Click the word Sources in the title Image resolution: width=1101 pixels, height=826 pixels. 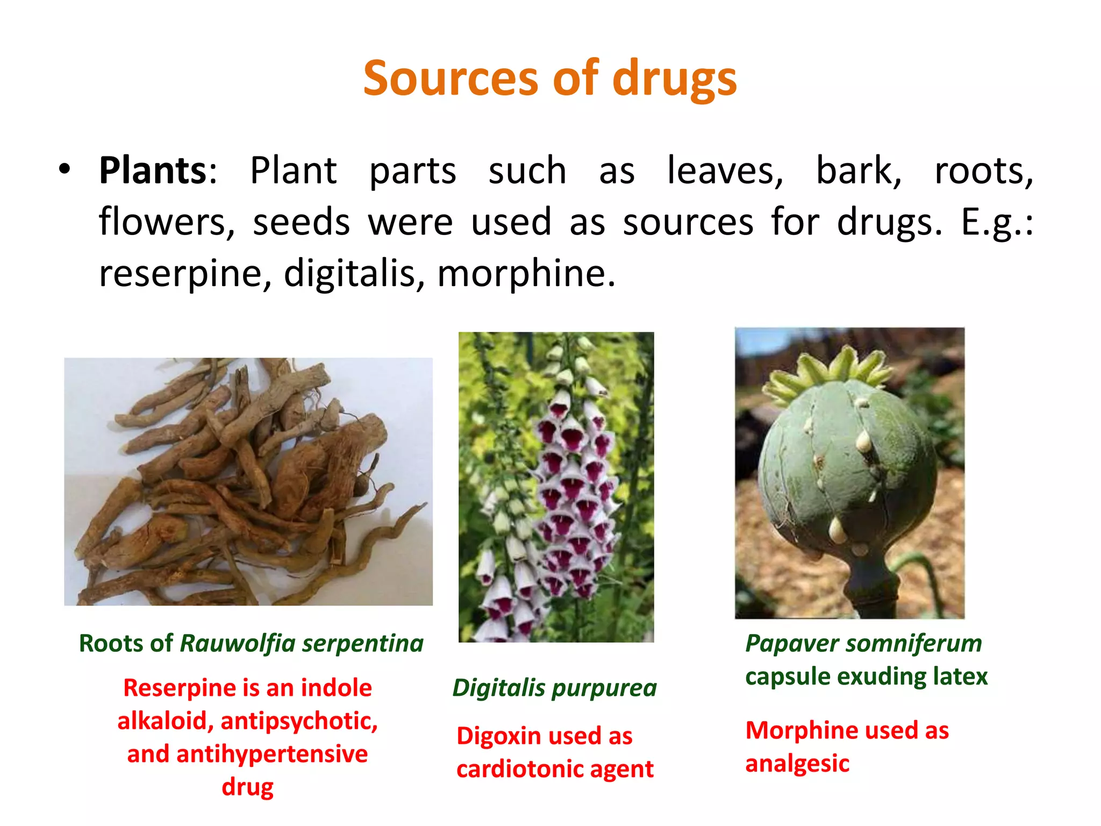pyautogui.click(x=451, y=79)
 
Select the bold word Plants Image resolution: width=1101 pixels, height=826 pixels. pyautogui.click(x=153, y=171)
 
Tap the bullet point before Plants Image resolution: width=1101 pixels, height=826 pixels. pyautogui.click(x=65, y=170)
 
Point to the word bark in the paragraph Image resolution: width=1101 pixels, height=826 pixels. pyautogui.click(x=858, y=171)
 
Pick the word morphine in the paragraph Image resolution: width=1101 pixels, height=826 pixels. pyautogui.click(x=525, y=273)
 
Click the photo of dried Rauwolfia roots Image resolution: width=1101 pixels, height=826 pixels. pyautogui.click(x=248, y=481)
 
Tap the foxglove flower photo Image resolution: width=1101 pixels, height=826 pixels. pyautogui.click(x=556, y=487)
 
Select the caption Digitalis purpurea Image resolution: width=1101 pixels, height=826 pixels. pyautogui.click(x=554, y=688)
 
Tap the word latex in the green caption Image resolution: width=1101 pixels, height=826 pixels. pyautogui.click(x=961, y=677)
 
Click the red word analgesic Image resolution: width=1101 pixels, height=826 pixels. pyautogui.click(x=797, y=764)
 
